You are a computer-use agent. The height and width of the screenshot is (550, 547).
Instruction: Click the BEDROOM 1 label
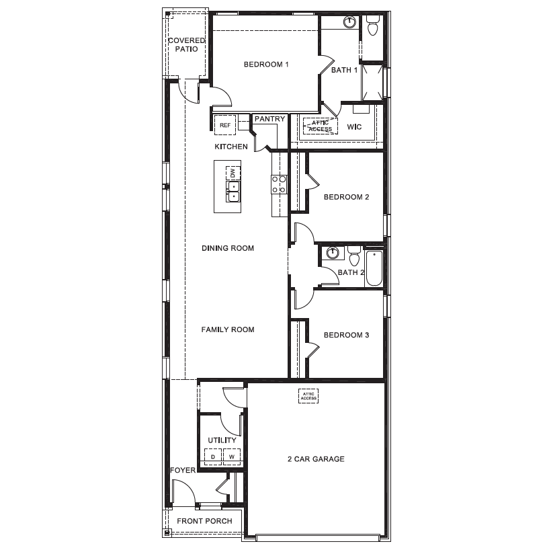tap(266, 65)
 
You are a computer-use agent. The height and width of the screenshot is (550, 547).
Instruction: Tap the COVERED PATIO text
tap(187, 45)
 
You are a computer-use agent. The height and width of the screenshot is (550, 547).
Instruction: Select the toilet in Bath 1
tap(372, 26)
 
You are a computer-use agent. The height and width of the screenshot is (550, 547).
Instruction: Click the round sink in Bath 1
tap(349, 22)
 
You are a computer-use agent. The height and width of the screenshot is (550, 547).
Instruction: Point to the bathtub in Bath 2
tap(374, 268)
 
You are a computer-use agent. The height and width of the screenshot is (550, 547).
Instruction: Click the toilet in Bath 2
tap(355, 256)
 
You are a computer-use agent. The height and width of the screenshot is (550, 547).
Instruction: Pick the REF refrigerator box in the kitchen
tap(224, 125)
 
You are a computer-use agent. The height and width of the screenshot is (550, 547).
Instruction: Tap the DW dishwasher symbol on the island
tap(233, 173)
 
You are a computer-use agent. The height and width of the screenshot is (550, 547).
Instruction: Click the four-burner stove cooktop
tap(279, 184)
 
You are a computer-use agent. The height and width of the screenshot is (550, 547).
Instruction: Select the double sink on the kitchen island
tap(233, 192)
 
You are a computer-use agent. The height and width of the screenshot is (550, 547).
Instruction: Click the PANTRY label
tap(269, 119)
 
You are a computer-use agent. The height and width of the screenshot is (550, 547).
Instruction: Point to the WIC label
tap(354, 127)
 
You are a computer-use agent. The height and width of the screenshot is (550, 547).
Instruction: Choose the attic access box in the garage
tap(308, 396)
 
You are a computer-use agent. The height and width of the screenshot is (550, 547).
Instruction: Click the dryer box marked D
tap(213, 457)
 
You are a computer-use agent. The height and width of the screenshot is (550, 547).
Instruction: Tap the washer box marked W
tap(232, 457)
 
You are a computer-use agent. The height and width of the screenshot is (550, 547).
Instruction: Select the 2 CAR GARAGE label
tap(316, 459)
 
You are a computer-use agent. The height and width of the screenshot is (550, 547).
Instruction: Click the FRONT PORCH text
tap(204, 521)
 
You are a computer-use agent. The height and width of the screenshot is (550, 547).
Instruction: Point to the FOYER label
tap(183, 471)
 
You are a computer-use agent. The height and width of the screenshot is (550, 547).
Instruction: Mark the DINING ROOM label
tap(228, 248)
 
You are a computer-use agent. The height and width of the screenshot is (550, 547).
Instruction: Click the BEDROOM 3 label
tap(347, 335)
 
